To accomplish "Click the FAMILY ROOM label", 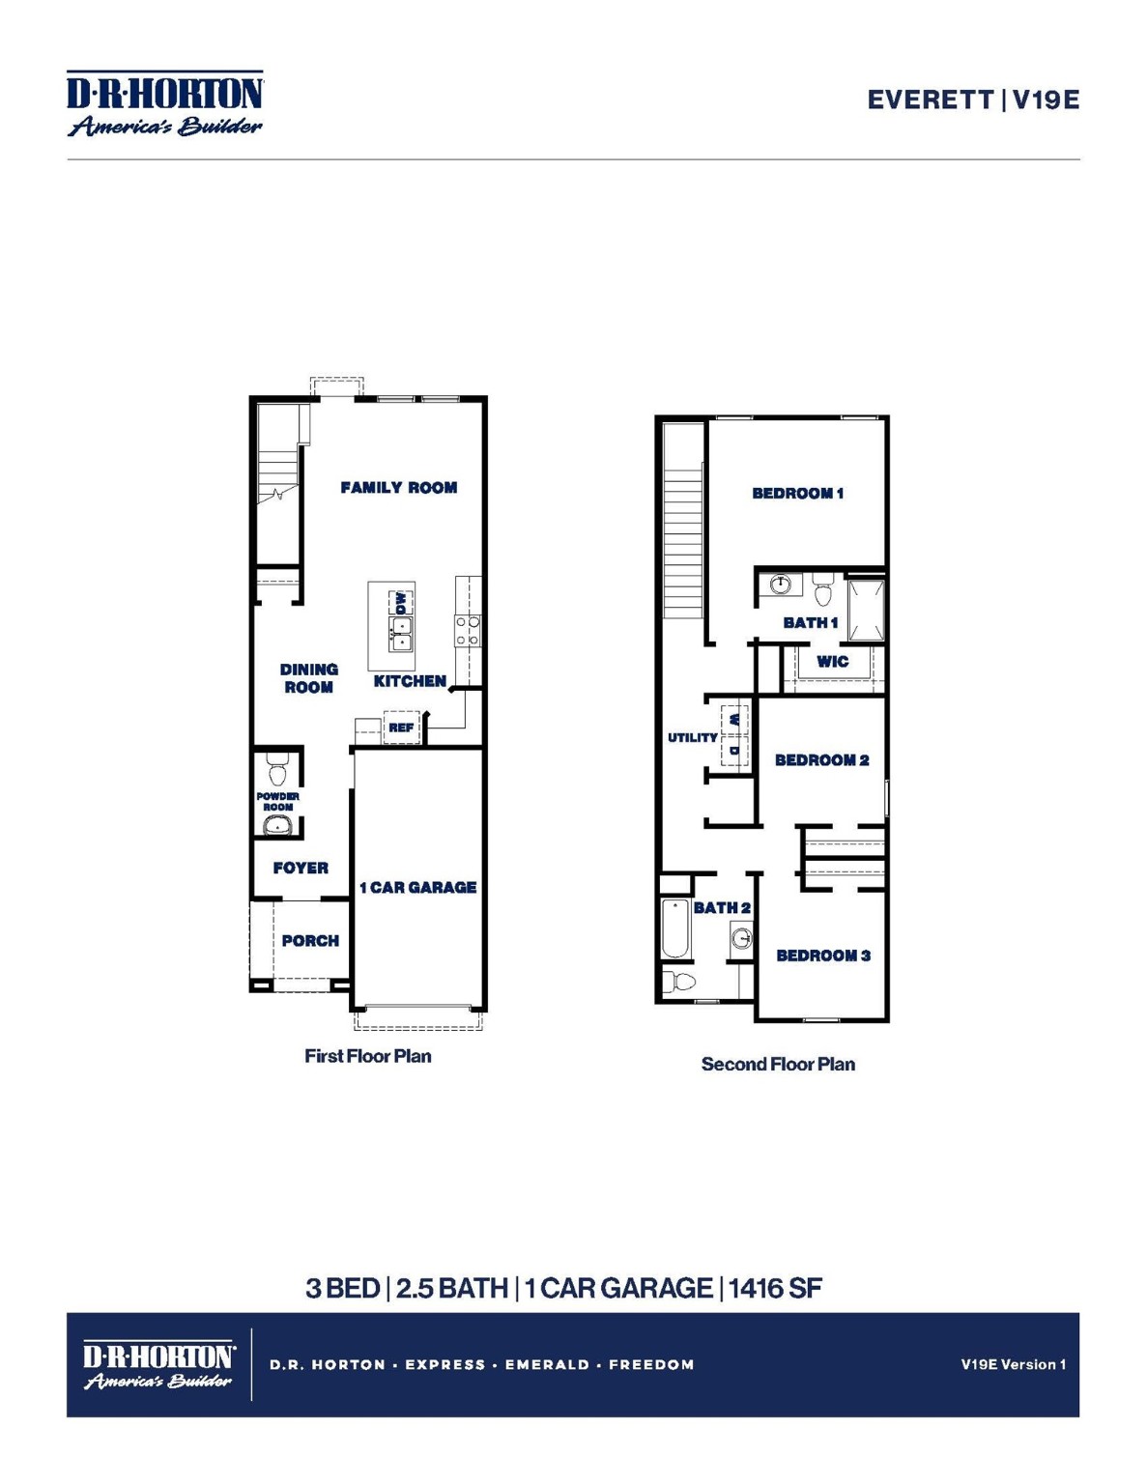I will pos(398,488).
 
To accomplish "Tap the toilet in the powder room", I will pos(277,770).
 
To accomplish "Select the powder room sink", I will pos(277,825).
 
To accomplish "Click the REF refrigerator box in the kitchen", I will pos(401,728).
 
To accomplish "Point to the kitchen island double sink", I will pos(401,634).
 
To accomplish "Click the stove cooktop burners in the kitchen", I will pos(468,631).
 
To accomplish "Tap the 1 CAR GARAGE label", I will pos(417,887).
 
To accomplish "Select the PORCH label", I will pos(310,940).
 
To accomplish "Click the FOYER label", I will pos(301,868).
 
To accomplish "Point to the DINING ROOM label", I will pos(308,678).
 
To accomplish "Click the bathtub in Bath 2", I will pos(675,929).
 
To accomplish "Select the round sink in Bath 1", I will pos(781,585).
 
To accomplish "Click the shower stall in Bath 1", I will pos(866,610).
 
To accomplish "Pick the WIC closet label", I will pos(832,662).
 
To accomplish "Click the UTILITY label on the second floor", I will pos(693,737).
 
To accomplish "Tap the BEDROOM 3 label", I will pos(823,956).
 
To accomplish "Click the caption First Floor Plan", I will pos(368,1056).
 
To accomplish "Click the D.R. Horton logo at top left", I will pos(164,103).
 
